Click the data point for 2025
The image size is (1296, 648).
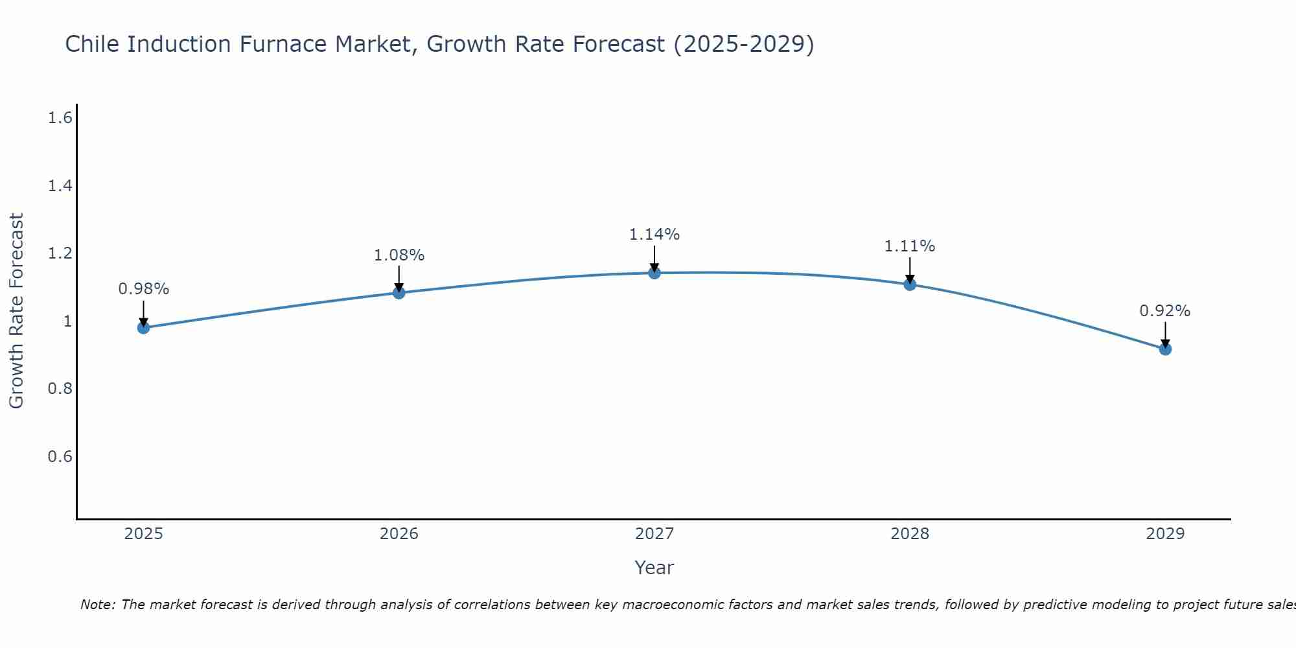pyautogui.click(x=144, y=328)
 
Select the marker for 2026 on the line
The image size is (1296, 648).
pyautogui.click(x=399, y=293)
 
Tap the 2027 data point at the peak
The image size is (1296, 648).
pyautogui.click(x=654, y=273)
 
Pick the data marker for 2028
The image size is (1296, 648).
pyautogui.click(x=910, y=284)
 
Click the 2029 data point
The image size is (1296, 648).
pyautogui.click(x=1165, y=349)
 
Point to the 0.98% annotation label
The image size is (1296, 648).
pyautogui.click(x=144, y=289)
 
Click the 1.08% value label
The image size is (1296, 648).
pyautogui.click(x=399, y=255)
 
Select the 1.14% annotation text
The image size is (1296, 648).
pyautogui.click(x=654, y=235)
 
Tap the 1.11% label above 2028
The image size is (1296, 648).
pyautogui.click(x=910, y=246)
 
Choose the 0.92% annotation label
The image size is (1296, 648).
pyautogui.click(x=1165, y=311)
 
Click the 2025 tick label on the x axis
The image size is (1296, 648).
pyautogui.click(x=144, y=534)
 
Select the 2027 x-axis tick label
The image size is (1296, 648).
pyautogui.click(x=654, y=534)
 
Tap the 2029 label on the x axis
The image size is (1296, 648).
pyautogui.click(x=1165, y=534)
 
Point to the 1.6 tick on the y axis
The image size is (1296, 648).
pyautogui.click(x=60, y=118)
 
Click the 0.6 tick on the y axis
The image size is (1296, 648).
pyautogui.click(x=60, y=457)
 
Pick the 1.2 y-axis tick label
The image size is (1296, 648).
pyautogui.click(x=60, y=253)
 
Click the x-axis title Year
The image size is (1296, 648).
pyautogui.click(x=654, y=568)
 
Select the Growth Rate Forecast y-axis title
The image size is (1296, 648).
pyautogui.click(x=16, y=311)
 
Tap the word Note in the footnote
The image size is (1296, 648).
pyautogui.click(x=97, y=605)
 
